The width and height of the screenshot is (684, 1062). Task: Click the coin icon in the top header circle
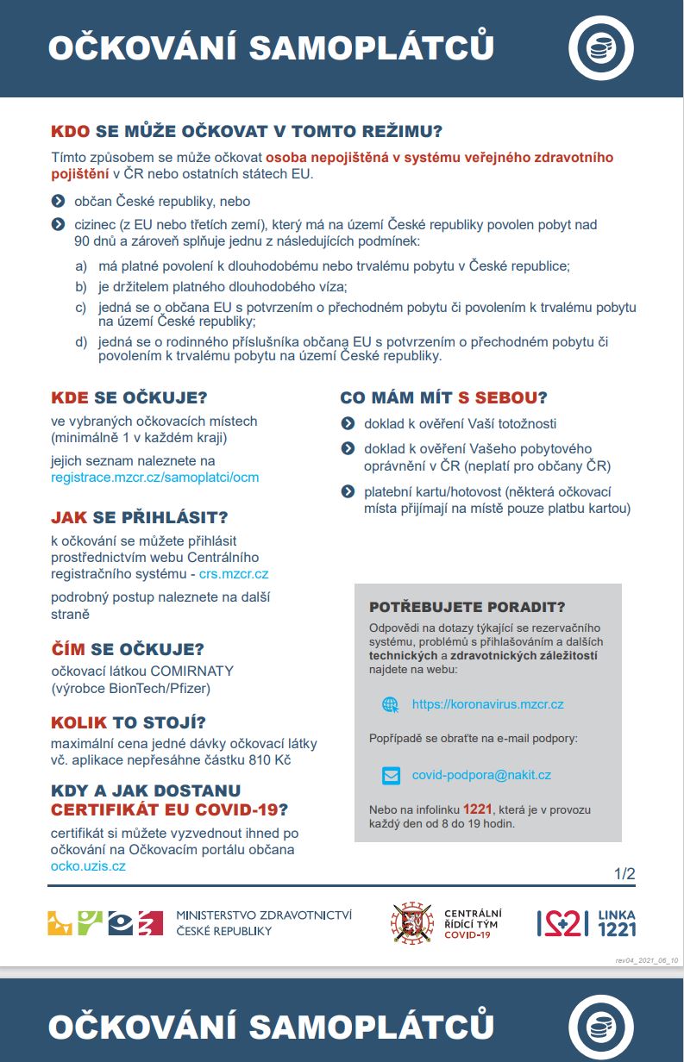pos(601,48)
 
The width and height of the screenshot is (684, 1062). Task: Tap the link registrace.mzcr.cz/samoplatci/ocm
pos(154,477)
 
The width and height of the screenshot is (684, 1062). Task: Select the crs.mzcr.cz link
pos(234,573)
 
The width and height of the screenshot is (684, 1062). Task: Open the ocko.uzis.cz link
pos(88,865)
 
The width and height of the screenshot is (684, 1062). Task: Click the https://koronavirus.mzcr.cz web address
pos(487,704)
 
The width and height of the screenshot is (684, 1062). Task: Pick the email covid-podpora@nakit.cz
pos(481,775)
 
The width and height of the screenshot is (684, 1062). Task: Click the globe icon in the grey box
pos(391,704)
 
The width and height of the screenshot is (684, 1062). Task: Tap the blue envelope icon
pos(391,775)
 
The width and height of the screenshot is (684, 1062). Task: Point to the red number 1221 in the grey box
pos(477,809)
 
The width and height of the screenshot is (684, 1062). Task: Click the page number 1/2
pos(624,873)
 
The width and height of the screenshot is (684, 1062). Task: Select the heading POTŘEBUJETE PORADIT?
pos(468,607)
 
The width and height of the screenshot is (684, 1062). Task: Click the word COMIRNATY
pos(194,671)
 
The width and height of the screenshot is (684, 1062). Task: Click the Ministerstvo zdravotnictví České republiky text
pos(263,922)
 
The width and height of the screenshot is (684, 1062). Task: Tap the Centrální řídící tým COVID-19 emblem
pos(411,922)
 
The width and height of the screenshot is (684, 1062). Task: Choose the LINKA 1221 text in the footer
pos(616,922)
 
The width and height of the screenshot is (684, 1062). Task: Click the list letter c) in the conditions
pos(81,308)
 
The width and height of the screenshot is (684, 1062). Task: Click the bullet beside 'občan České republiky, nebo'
pos(58,201)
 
